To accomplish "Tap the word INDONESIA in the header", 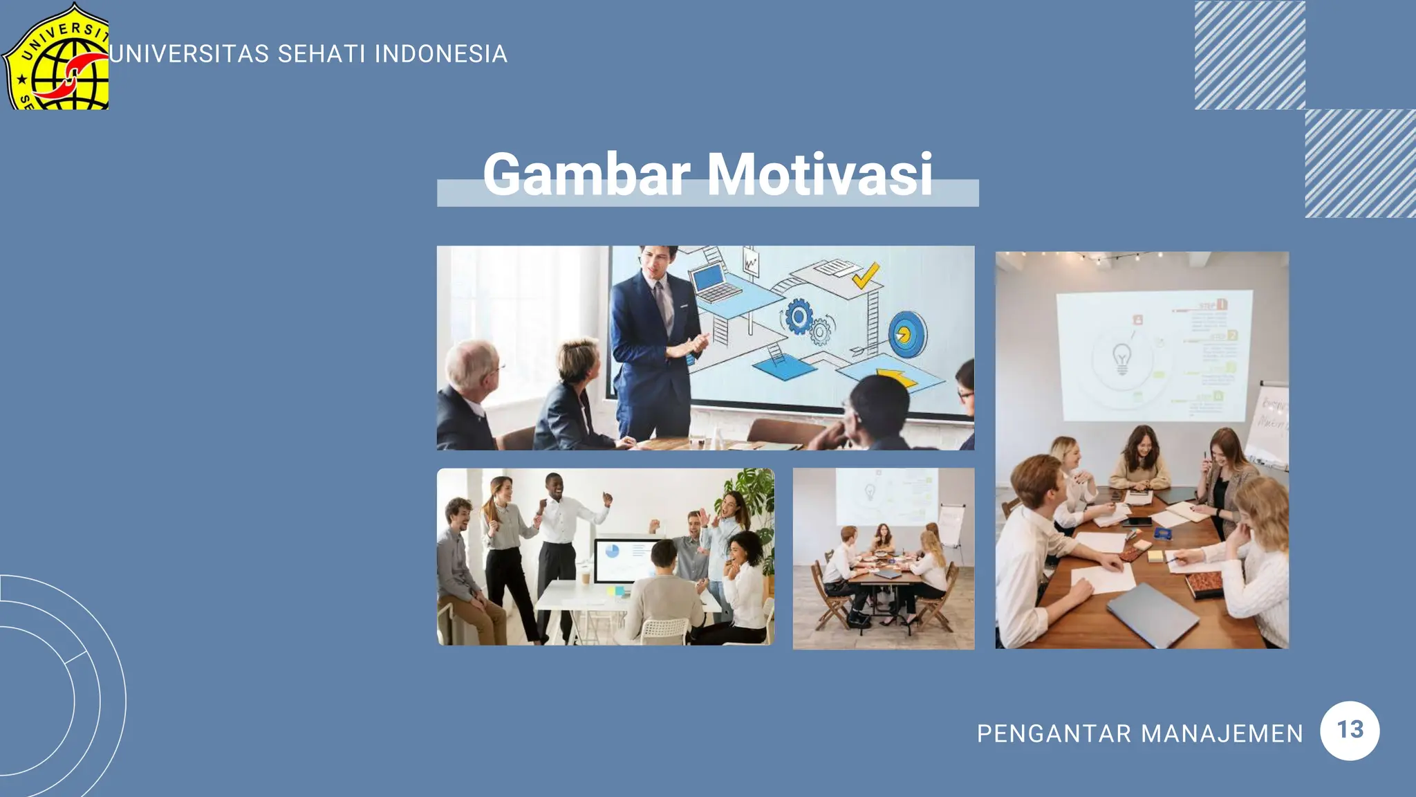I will coord(441,54).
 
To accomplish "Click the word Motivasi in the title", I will coord(819,174).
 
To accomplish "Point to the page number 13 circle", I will coord(1350,731).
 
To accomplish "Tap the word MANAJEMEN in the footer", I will coord(1222,733).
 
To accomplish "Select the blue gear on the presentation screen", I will coord(798,318).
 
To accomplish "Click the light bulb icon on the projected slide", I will coord(1121,359).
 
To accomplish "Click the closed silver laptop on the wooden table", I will coord(1152,613).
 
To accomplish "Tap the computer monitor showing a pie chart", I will coord(626,559).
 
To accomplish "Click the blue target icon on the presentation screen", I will coord(906,333).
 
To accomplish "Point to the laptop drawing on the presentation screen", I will coord(713,285).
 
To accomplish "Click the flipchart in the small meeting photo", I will coord(951,526).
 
